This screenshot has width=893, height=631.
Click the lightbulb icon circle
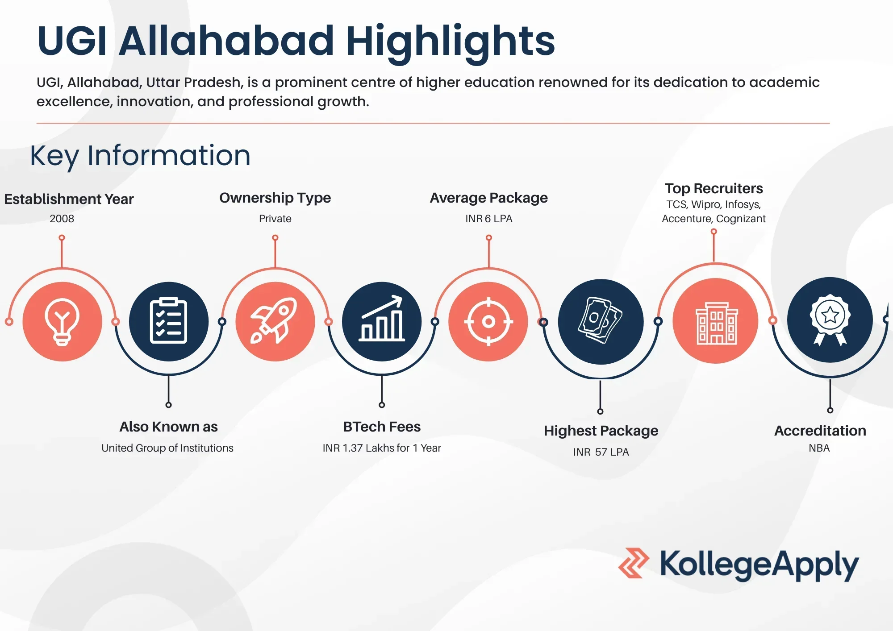63,321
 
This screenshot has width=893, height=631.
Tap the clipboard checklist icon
168,321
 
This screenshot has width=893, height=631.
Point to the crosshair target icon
488,321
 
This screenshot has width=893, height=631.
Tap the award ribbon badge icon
830,320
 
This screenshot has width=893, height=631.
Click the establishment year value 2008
62,219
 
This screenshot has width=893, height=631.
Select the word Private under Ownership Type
275,219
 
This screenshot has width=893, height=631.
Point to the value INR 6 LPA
489,219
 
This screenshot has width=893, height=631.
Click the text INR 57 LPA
601,452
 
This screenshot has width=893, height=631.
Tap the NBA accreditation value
819,448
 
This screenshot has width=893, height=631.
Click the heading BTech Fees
382,427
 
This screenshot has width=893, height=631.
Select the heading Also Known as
168,427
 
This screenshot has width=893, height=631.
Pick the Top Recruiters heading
714,188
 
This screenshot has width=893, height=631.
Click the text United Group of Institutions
167,448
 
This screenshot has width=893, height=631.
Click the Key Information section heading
140,156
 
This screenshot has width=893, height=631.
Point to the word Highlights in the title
451,41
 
